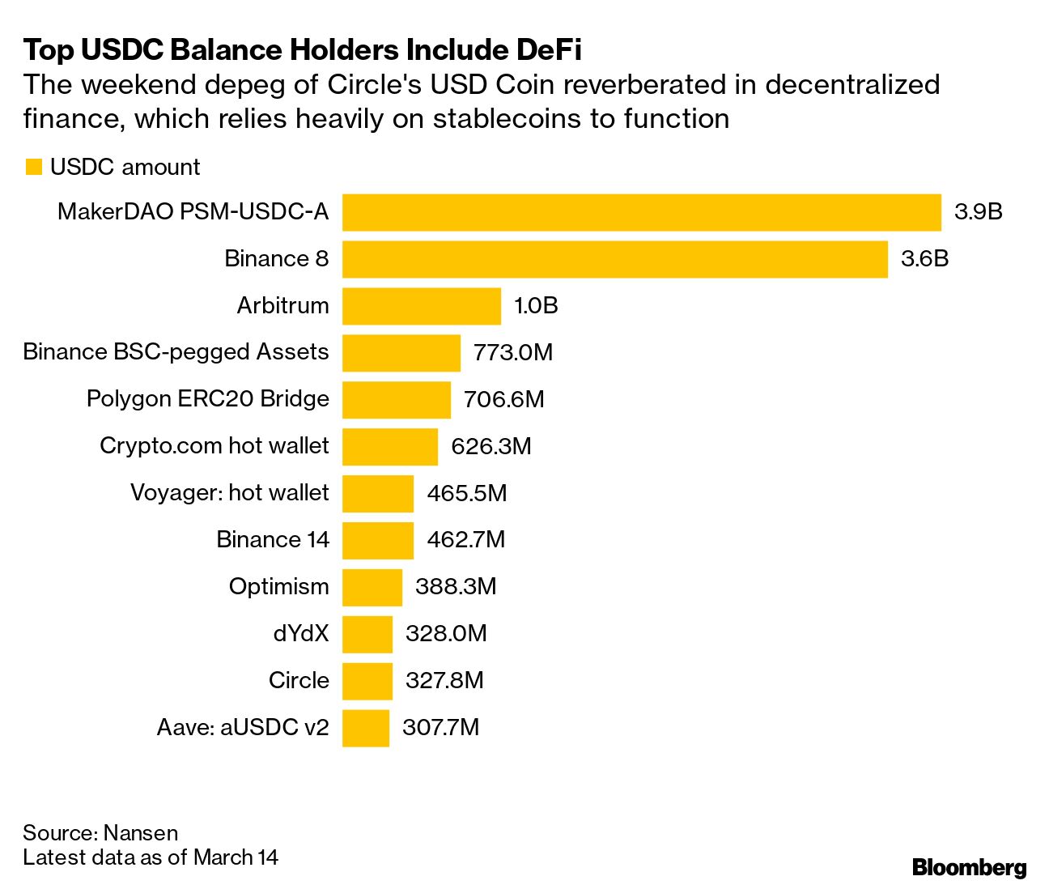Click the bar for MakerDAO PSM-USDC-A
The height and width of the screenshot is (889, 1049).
[x=641, y=212]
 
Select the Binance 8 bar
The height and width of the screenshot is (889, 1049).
[x=614, y=259]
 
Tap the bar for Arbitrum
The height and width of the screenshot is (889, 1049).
[x=421, y=306]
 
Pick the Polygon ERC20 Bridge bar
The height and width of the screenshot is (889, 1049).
[x=396, y=400]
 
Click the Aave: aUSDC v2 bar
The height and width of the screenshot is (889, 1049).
[x=365, y=728]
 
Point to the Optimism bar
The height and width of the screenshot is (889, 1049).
[x=372, y=587]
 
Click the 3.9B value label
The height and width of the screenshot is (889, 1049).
[x=978, y=212]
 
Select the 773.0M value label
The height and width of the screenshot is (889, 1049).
[x=513, y=353]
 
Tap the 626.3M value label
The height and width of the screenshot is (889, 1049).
[x=491, y=447]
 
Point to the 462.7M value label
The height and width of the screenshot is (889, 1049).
[x=465, y=540]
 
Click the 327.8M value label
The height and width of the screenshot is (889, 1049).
[x=444, y=680]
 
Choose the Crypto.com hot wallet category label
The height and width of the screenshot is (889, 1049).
[x=214, y=446]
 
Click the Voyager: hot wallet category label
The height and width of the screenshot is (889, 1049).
[x=229, y=493]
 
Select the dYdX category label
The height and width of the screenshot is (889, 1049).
[x=301, y=633]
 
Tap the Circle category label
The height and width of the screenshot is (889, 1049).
[x=299, y=680]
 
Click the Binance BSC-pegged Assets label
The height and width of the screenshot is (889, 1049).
[x=176, y=352]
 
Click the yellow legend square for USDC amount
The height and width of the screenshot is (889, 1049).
[x=33, y=168]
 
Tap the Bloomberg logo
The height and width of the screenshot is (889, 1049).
[x=969, y=867]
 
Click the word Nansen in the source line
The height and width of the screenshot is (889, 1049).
[x=140, y=833]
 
